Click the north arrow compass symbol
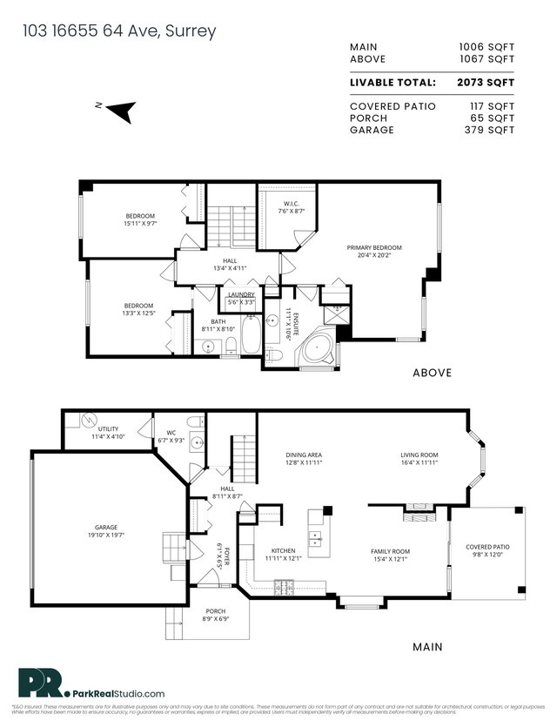tap(123, 111)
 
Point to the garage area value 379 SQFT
tap(489, 130)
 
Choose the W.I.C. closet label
tap(291, 206)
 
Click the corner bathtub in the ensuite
tap(315, 348)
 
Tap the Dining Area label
tap(305, 455)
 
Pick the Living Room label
tap(419, 455)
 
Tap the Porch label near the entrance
tap(215, 613)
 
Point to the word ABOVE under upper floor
tap(432, 373)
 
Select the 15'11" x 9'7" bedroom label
tap(139, 219)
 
